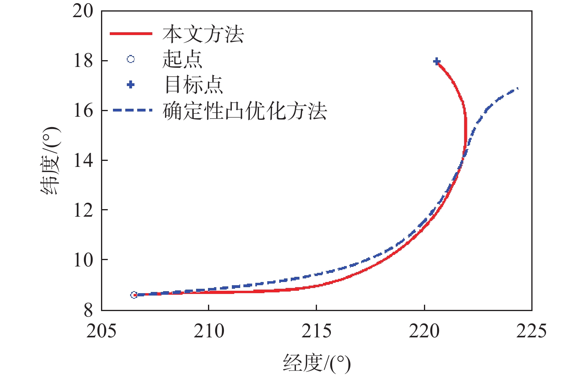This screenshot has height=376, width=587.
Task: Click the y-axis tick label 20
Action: [83, 11]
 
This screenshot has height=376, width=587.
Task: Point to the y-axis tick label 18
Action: [83, 61]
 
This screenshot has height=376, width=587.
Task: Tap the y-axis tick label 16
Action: [83, 111]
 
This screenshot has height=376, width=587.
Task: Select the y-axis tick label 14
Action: [83, 161]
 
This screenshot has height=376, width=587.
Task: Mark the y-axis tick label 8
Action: [88, 310]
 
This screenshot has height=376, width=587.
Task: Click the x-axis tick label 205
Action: [101, 331]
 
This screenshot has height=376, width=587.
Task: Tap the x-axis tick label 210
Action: [209, 331]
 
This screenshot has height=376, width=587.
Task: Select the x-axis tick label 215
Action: [317, 331]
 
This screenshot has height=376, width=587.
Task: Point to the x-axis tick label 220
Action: [424, 331]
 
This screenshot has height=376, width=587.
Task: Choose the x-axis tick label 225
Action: [531, 331]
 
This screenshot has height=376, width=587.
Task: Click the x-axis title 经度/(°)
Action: [317, 362]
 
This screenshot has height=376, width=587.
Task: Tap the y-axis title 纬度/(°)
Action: [51, 161]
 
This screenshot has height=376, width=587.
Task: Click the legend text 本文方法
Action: [203, 34]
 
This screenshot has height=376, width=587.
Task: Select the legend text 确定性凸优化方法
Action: [245, 111]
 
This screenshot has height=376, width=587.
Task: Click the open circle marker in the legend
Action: [130, 59]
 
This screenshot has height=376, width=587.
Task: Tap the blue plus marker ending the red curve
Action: [437, 61]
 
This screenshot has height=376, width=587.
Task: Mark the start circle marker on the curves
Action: [134, 295]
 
